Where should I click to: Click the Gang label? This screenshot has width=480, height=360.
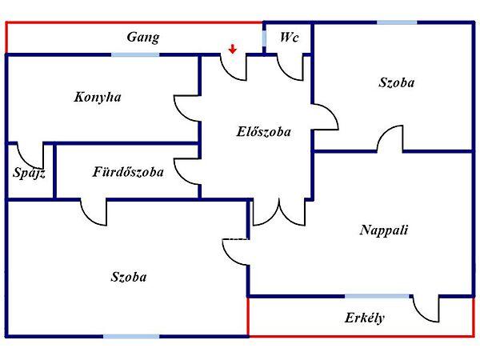143,37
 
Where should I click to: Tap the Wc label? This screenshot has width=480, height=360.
288,38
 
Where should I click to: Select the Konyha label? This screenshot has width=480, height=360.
98,97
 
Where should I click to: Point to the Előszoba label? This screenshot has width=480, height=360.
263,131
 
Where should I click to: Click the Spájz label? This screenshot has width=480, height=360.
29,172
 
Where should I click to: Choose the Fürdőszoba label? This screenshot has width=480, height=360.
128,171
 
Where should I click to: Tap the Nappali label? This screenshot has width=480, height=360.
384,230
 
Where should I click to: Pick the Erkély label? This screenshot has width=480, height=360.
365,318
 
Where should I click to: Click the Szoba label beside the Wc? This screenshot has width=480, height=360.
396,82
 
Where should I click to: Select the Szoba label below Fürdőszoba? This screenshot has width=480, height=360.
129,278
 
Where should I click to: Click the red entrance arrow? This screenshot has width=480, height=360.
232,49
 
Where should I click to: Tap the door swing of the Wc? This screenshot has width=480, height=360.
288,68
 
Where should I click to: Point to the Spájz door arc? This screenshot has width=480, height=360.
31,154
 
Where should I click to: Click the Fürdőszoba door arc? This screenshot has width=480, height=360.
94,213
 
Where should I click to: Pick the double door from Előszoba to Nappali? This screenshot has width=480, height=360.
278,211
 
